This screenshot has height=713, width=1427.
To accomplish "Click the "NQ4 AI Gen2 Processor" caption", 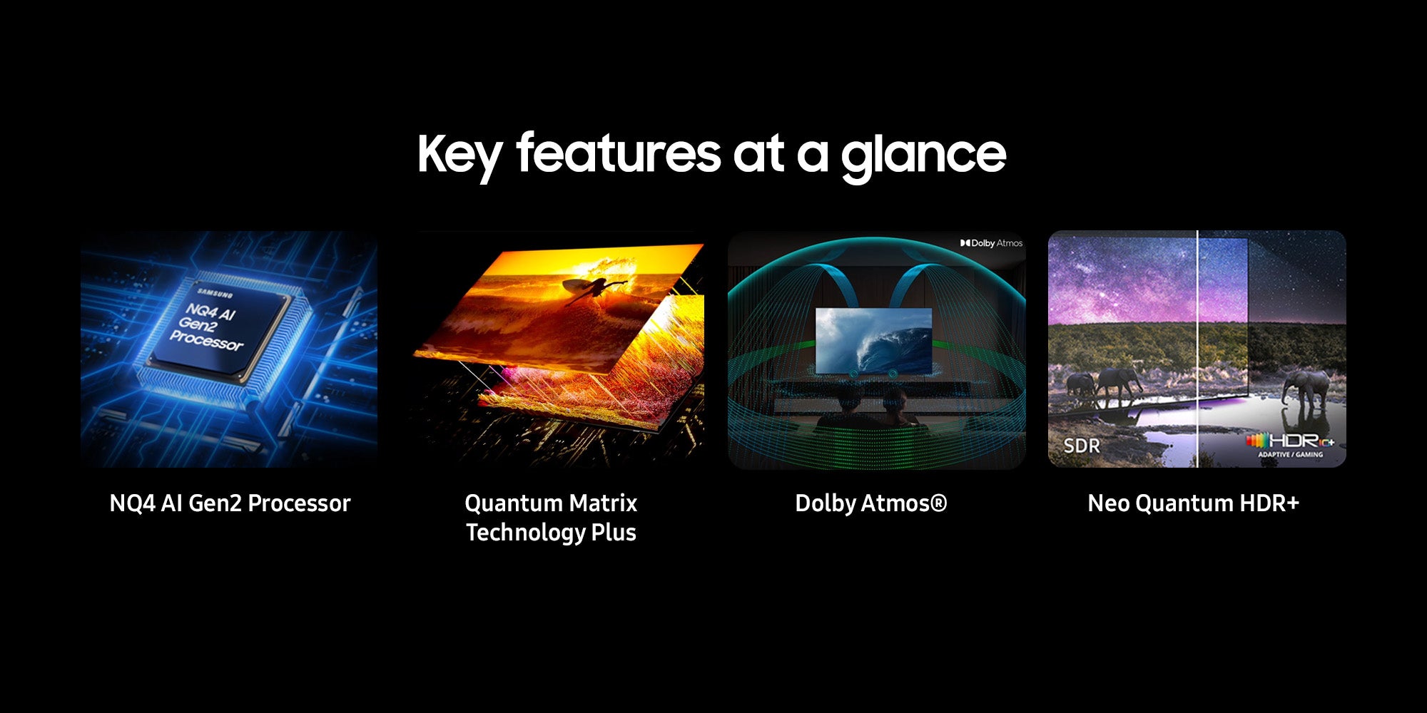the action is [230, 503].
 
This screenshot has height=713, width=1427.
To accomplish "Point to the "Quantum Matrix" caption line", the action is [551, 503].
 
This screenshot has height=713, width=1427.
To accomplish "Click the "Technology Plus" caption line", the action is [551, 533].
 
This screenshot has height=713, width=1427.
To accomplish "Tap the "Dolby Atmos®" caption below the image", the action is [871, 503].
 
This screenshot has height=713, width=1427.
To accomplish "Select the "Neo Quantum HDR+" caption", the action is [1194, 503].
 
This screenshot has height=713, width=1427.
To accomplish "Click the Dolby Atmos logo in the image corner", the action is [991, 243].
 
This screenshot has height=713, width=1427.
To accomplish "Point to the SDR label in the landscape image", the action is [1082, 446].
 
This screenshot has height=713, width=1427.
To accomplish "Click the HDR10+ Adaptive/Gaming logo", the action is [1290, 445].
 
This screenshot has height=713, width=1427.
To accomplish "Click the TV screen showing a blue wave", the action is [873, 341].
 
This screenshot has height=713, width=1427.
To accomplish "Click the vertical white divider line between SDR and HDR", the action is [1197, 349].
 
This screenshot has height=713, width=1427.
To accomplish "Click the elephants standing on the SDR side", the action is [1102, 385].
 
